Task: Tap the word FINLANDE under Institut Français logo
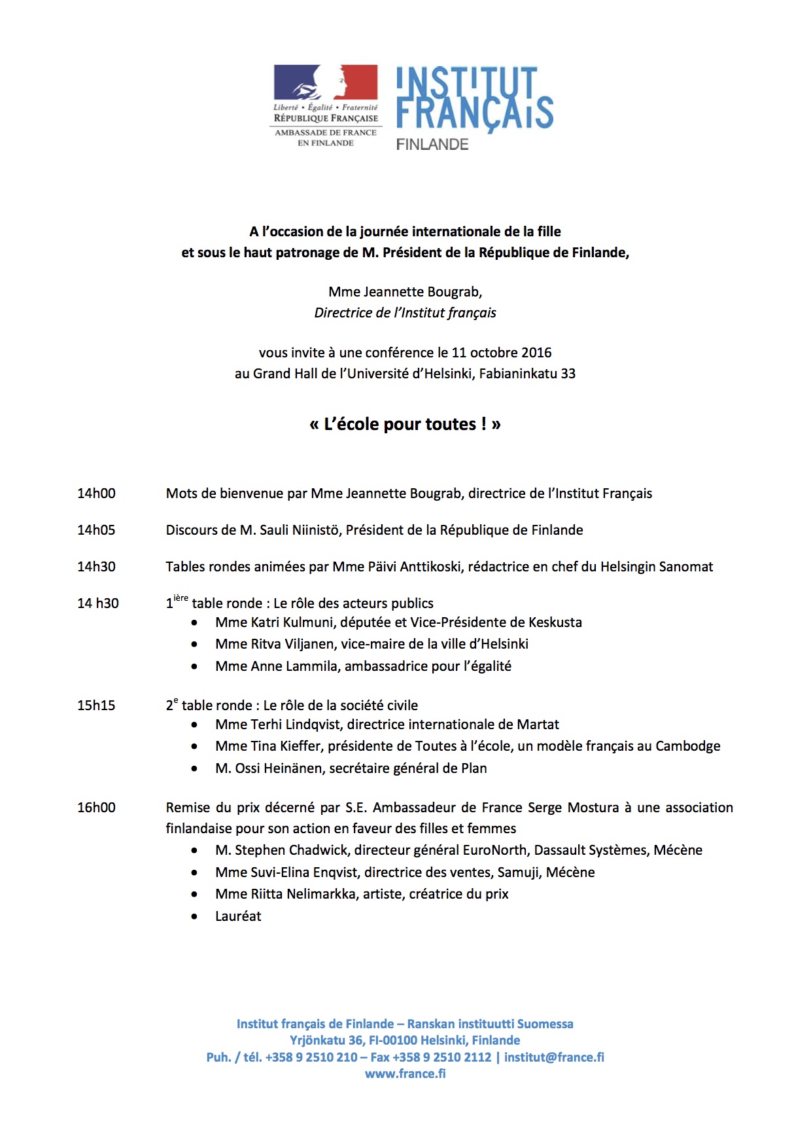pyautogui.click(x=432, y=145)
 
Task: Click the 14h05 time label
pyautogui.click(x=96, y=530)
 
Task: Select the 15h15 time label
pyautogui.click(x=96, y=706)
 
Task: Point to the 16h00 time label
pyautogui.click(x=96, y=808)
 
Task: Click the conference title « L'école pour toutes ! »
pyautogui.click(x=405, y=424)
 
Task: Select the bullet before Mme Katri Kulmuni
pyautogui.click(x=194, y=622)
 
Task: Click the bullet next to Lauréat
pyautogui.click(x=194, y=916)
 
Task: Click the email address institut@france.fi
pyautogui.click(x=554, y=1057)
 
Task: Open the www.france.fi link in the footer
pyautogui.click(x=405, y=1073)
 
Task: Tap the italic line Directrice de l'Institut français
pyautogui.click(x=405, y=313)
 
